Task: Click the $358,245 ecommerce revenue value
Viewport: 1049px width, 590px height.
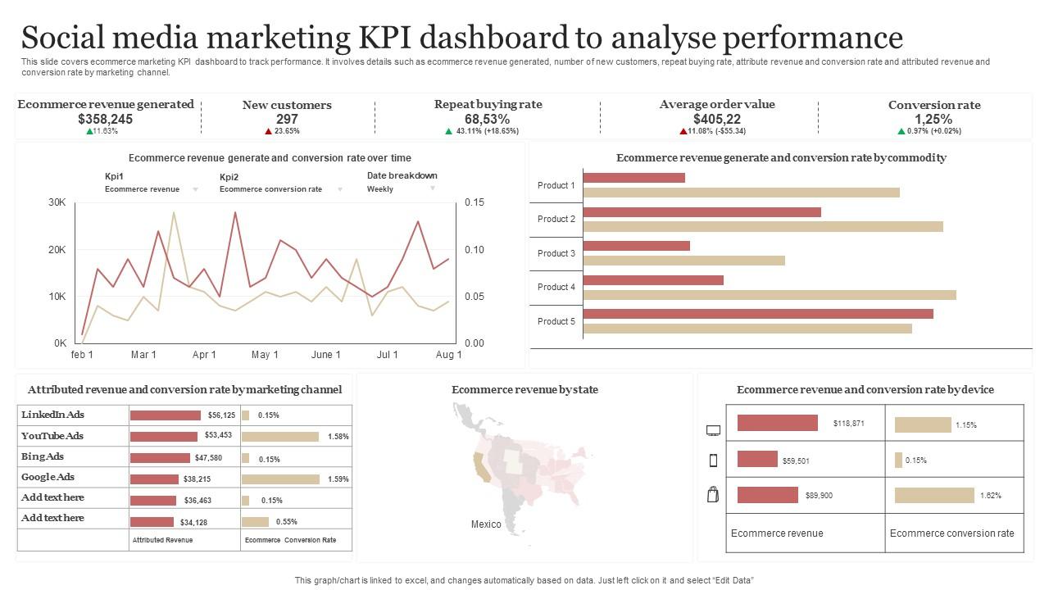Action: (x=105, y=119)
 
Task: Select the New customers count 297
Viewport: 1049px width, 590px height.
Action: (x=287, y=119)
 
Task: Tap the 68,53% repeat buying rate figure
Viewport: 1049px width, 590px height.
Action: (x=488, y=119)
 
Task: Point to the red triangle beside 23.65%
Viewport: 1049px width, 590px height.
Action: (x=268, y=131)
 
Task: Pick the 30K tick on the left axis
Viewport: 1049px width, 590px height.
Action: (x=57, y=202)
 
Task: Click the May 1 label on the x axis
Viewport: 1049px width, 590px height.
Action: (x=265, y=355)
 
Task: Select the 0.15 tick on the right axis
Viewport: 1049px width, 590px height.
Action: (x=475, y=202)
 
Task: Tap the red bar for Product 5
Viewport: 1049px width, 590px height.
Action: (x=758, y=314)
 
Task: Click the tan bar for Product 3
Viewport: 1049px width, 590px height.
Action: (x=684, y=261)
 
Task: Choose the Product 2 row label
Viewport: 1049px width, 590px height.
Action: (x=556, y=219)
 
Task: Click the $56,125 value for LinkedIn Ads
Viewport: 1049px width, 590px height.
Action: (x=221, y=415)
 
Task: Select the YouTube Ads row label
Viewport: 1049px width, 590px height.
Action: (x=52, y=436)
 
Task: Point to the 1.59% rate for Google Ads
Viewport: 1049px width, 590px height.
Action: (x=338, y=479)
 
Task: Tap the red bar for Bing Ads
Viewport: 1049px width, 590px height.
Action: (x=160, y=458)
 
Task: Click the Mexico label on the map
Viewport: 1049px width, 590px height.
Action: (x=486, y=524)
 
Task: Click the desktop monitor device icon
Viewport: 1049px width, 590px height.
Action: (x=713, y=430)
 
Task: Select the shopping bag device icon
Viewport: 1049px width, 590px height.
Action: (x=713, y=494)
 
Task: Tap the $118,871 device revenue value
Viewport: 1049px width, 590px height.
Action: (x=848, y=424)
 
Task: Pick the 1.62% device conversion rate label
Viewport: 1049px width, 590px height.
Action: (x=990, y=496)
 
